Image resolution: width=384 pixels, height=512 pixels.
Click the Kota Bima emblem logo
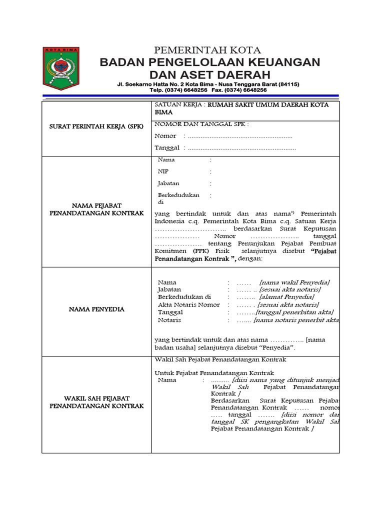click(61, 69)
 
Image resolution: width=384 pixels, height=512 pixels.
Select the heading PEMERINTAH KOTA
click(207, 50)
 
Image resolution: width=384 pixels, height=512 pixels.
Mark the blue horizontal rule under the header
click(190, 96)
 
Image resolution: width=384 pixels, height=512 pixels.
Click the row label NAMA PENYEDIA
click(96, 309)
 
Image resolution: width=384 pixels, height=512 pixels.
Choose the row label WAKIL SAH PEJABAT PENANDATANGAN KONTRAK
click(96, 402)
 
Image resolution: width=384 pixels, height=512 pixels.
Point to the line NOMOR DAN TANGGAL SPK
click(201, 124)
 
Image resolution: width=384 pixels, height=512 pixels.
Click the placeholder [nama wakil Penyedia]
click(294, 282)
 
